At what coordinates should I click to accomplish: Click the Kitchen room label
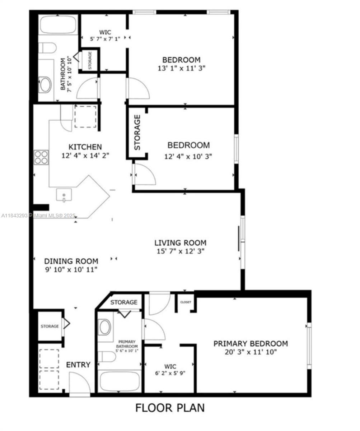(85, 147)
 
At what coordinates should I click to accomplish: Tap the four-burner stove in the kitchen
(41, 158)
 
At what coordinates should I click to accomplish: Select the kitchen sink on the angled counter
(64, 194)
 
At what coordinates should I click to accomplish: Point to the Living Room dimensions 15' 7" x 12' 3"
(181, 251)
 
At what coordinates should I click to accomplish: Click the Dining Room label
(71, 261)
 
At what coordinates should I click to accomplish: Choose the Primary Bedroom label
(251, 344)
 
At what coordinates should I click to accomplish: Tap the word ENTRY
(78, 365)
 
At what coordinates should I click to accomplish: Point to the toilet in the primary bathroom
(107, 357)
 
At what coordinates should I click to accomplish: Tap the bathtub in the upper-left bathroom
(59, 24)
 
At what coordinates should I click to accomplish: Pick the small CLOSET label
(186, 302)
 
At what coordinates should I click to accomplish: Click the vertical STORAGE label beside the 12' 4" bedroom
(137, 132)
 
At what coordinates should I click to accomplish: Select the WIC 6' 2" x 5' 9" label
(170, 370)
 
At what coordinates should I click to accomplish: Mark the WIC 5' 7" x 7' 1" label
(105, 36)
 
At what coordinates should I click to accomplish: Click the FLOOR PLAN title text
(170, 408)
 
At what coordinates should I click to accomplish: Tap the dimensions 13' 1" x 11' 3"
(182, 68)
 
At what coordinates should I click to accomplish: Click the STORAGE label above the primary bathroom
(124, 302)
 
